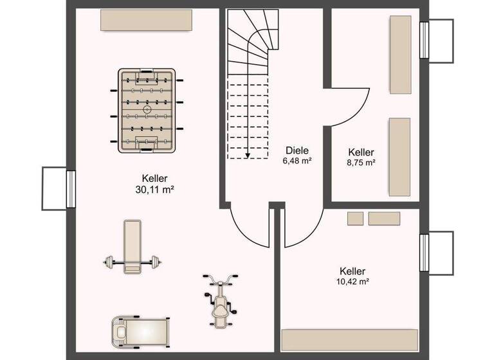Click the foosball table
[147, 111]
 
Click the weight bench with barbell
[131, 248]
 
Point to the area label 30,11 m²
[155, 190]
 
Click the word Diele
[297, 150]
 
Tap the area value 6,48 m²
[297, 161]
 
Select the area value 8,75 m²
[360, 163]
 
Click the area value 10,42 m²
[353, 282]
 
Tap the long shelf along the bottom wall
[350, 339]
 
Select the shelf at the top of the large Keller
[146, 20]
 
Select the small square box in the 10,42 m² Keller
[355, 219]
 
